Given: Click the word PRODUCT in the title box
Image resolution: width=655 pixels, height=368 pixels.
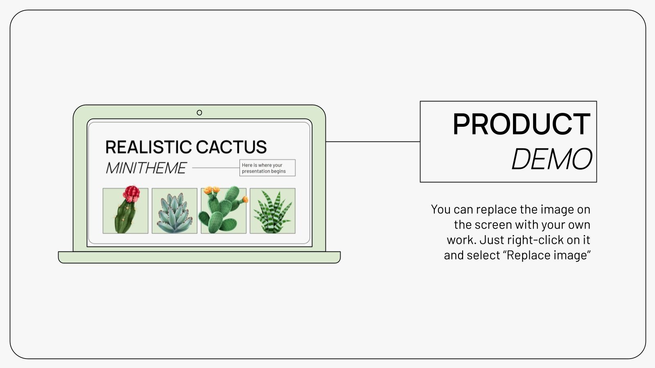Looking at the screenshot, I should [521, 124].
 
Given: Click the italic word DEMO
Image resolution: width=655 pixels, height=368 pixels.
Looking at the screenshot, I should [551, 159].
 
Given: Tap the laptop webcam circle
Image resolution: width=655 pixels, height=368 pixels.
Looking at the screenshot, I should [199, 112].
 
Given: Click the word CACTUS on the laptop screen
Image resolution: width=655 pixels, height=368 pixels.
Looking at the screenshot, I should [231, 147].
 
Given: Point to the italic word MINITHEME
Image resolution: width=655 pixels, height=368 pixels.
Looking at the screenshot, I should [146, 168].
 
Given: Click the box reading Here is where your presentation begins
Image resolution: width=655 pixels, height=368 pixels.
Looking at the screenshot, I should [267, 168].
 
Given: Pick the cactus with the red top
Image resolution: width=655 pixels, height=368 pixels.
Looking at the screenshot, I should [126, 211].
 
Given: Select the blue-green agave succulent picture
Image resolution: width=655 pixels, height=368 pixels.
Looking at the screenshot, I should [174, 211].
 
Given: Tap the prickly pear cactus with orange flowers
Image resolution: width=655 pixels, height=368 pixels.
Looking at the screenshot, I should [224, 211].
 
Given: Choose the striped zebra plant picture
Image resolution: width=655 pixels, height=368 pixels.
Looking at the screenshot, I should [273, 211].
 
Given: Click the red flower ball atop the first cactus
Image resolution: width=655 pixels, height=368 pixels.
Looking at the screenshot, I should [131, 194].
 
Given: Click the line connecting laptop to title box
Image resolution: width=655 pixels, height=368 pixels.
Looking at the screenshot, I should [373, 142].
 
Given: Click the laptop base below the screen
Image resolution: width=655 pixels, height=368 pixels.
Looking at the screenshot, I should [199, 257].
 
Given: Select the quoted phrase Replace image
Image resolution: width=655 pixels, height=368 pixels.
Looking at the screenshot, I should [549, 255].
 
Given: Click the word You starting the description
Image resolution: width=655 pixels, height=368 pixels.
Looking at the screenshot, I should [440, 209].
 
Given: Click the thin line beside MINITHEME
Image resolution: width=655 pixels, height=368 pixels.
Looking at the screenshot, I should [215, 168].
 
